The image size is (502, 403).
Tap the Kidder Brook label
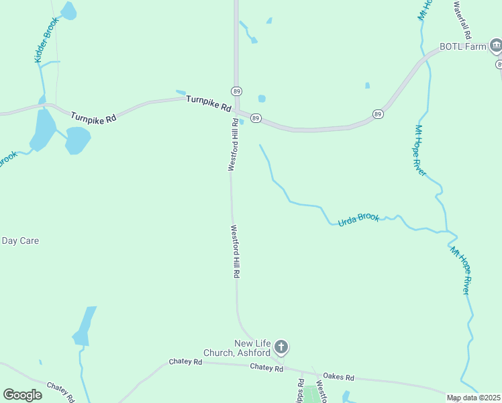click(47, 40)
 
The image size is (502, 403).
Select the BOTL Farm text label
click(462, 46)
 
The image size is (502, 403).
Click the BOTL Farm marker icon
click(495, 46)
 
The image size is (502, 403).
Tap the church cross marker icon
click(281, 347)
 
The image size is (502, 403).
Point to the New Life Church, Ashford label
click(252, 348)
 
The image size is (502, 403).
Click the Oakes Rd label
click(338, 377)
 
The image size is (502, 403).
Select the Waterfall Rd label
click(462, 19)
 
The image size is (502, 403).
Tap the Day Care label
click(20, 240)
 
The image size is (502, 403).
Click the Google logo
click(22, 395)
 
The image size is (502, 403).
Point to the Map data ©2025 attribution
click(473, 398)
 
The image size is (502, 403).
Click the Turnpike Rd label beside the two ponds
click(93, 116)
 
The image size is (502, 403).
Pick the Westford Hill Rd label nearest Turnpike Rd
click(233, 145)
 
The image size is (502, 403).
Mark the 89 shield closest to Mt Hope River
click(379, 114)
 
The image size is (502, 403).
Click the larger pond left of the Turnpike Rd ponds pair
click(43, 129)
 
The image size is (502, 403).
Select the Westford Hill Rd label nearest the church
click(236, 251)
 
